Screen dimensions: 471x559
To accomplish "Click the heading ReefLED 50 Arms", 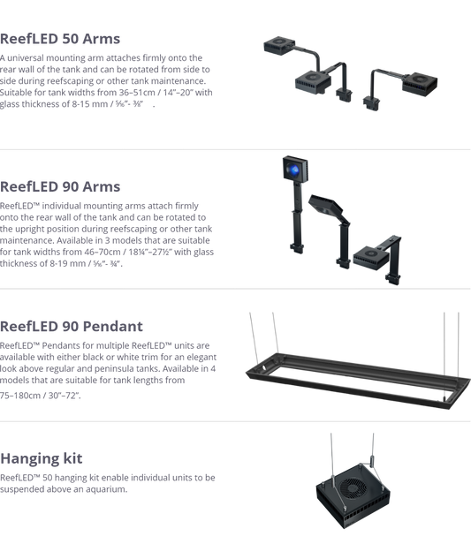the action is pos(60,39).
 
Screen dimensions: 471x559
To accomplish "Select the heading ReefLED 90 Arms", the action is pos(60,186).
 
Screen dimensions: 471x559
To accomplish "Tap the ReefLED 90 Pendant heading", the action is pos(72,326).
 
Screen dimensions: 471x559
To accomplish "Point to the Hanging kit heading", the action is pos(42,458).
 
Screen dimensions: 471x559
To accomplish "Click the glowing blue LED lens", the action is pos(294,170).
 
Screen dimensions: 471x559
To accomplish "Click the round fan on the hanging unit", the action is pos(353,487).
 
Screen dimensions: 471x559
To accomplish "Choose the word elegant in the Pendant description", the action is pos(201,358).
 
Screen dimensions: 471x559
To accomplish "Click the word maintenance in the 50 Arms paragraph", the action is pos(178,81).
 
